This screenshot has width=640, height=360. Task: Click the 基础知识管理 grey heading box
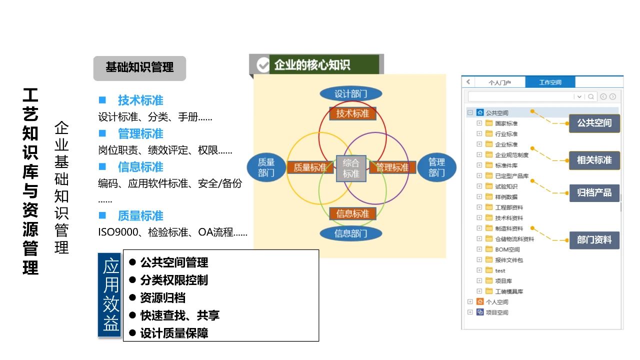(139, 68)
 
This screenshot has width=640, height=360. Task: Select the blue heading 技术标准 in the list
(140, 100)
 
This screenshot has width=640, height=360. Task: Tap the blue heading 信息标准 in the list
(140, 167)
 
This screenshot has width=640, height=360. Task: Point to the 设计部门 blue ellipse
(351, 94)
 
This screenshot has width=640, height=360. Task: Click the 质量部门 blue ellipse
(266, 167)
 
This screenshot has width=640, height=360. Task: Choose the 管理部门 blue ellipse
(436, 167)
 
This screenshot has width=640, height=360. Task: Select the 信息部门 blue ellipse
(351, 233)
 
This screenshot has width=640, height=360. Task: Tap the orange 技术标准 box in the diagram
(352, 113)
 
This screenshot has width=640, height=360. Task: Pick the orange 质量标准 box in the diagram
(310, 167)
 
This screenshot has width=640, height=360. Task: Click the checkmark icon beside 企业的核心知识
(262, 65)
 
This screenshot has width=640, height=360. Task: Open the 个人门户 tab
(499, 82)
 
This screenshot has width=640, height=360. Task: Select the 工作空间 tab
(550, 82)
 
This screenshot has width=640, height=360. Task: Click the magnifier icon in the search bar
(591, 96)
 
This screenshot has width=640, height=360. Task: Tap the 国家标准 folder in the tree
(506, 123)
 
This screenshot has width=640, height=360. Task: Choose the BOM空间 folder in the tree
(507, 249)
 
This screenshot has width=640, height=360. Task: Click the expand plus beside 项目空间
(470, 312)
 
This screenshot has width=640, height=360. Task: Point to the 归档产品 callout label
(594, 192)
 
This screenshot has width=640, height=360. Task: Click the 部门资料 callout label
(594, 240)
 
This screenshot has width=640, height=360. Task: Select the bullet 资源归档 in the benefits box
(162, 298)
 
